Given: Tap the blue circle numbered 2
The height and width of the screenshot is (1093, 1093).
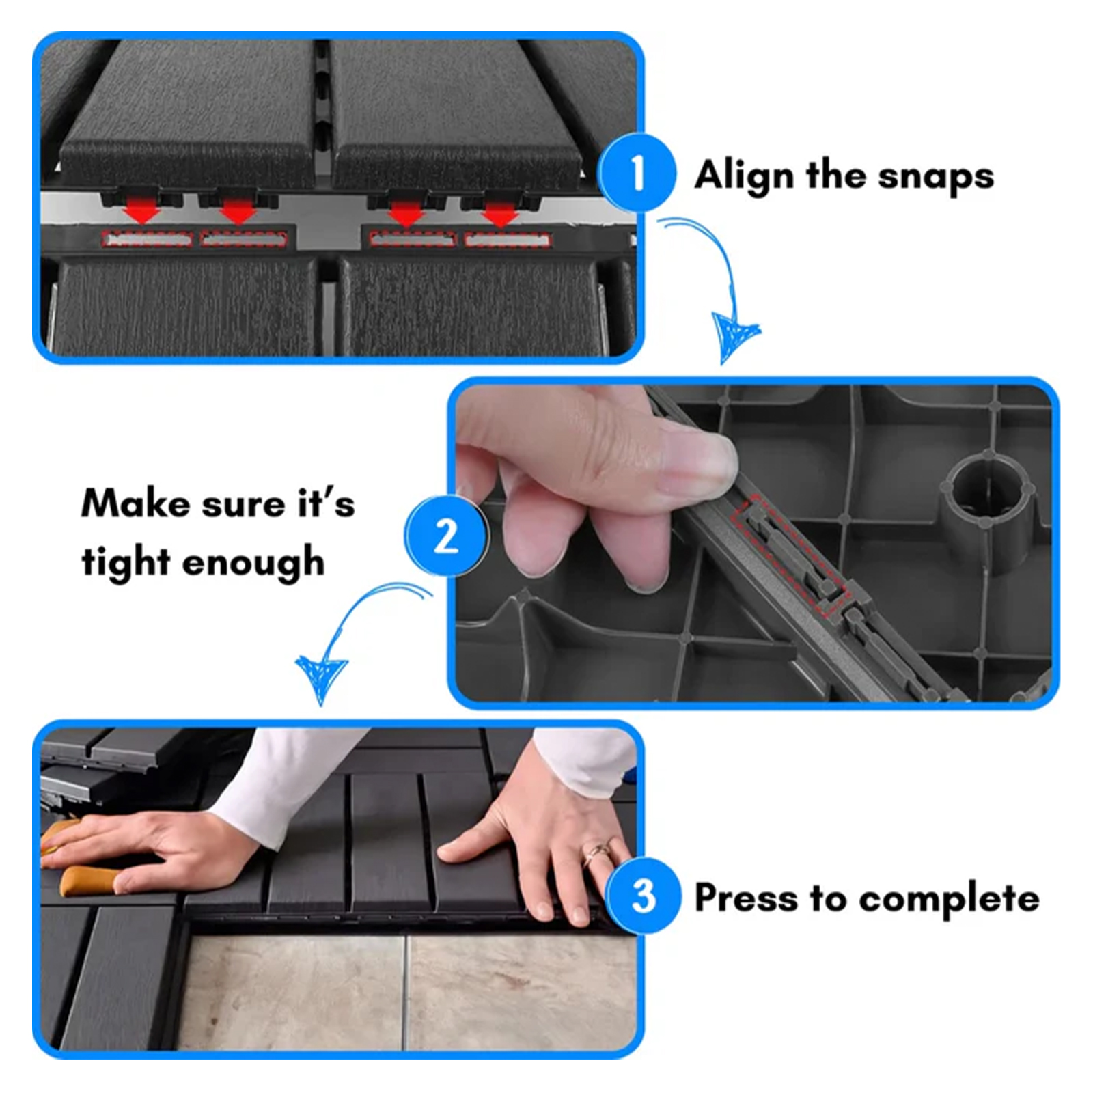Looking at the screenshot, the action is [x=447, y=536].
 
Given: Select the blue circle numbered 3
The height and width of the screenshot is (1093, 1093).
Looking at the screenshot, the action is [x=643, y=896].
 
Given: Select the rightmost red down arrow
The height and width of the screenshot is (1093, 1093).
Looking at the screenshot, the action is [x=499, y=214].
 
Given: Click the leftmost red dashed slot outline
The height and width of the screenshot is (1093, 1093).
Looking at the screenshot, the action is [x=147, y=239].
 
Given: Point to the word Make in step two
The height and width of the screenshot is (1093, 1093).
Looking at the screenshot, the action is [x=136, y=505].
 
